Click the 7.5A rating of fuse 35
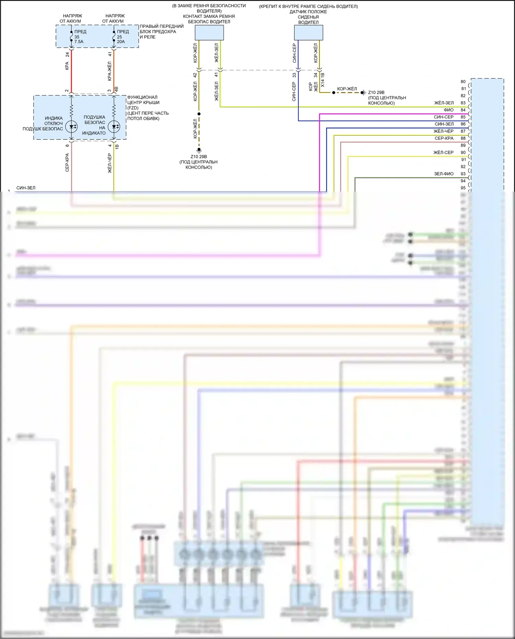click(x=79, y=42)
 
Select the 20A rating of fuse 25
click(x=121, y=42)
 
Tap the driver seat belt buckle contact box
click(x=209, y=33)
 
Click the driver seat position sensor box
click(x=308, y=33)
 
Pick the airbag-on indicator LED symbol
click(x=114, y=126)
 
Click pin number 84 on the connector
click(x=463, y=110)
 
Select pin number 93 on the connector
click(x=463, y=174)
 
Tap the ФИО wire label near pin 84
click(x=448, y=110)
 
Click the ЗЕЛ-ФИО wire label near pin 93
click(x=444, y=174)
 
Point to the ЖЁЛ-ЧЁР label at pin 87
click(x=444, y=131)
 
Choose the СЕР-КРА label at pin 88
click(x=444, y=138)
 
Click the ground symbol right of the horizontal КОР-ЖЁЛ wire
click(x=364, y=92)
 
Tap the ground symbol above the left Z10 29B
click(x=199, y=150)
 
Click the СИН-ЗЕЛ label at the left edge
click(x=26, y=188)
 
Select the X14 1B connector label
click(x=322, y=80)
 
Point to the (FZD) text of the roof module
click(x=133, y=108)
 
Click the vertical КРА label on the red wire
click(x=67, y=66)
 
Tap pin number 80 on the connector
click(x=463, y=82)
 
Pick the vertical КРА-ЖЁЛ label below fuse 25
click(x=110, y=71)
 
